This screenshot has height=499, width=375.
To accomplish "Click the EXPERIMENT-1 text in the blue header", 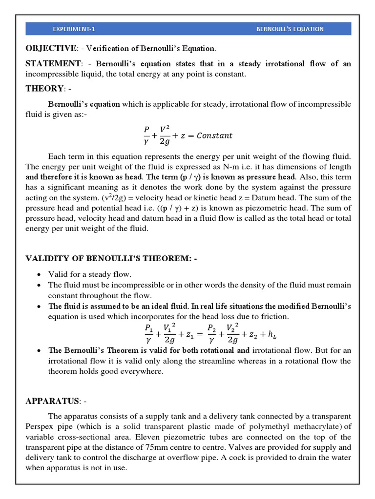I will (74, 29).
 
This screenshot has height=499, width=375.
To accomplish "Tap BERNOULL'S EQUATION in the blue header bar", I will (290, 29).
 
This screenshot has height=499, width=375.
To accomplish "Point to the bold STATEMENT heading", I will (53, 63).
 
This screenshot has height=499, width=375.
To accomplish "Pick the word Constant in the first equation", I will (214, 135).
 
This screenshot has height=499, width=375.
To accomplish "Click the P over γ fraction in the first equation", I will (146, 135).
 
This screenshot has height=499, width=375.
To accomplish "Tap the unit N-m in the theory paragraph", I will (232, 167).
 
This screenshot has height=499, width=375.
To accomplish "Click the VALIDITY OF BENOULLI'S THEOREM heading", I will (111, 258).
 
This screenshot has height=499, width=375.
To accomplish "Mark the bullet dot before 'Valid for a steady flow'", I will (39, 274).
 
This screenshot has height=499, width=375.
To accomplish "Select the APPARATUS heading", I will (53, 401).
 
